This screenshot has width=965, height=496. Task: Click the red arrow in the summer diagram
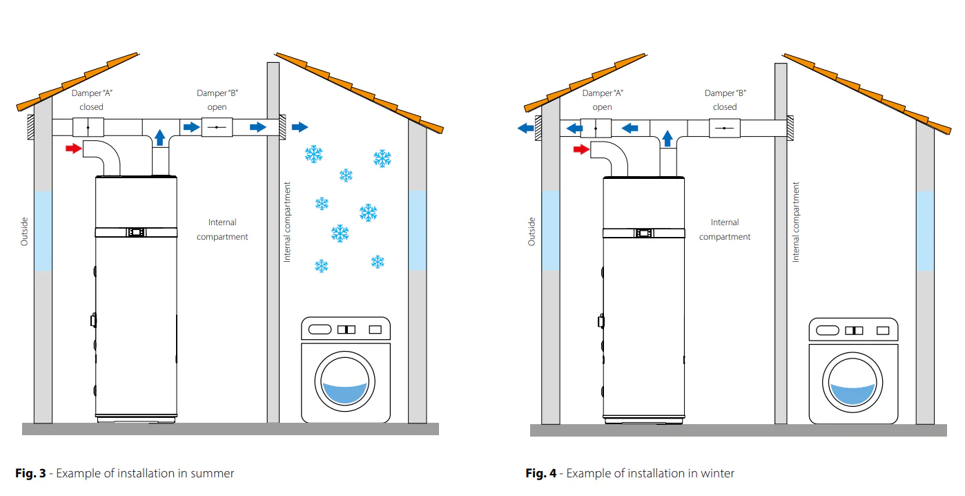pyautogui.click(x=74, y=149)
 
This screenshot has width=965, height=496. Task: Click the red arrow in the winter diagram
pyautogui.click(x=581, y=149)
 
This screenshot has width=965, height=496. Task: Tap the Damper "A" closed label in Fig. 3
pyautogui.click(x=91, y=99)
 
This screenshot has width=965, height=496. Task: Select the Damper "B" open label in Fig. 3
pyautogui.click(x=217, y=99)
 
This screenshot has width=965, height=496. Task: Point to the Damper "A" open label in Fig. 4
pyautogui.click(x=603, y=99)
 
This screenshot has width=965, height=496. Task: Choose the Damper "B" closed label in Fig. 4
pyautogui.click(x=725, y=99)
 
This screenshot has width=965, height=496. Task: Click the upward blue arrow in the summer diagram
pyautogui.click(x=160, y=137)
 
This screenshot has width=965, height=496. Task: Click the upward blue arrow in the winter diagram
pyautogui.click(x=667, y=138)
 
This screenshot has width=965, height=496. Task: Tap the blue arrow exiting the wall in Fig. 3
pyautogui.click(x=300, y=127)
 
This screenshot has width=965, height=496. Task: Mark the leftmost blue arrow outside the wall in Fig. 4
pyautogui.click(x=525, y=128)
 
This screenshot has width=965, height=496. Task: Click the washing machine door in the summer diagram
pyautogui.click(x=344, y=381)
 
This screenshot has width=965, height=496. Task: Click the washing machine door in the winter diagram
pyautogui.click(x=852, y=383)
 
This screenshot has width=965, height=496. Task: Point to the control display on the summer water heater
pyautogui.click(x=136, y=233)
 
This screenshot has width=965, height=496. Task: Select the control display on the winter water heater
pyautogui.click(x=643, y=233)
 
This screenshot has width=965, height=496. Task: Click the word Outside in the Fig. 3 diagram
pyautogui.click(x=24, y=231)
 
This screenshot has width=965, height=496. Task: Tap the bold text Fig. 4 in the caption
pyautogui.click(x=541, y=473)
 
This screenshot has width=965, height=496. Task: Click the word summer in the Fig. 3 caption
pyautogui.click(x=213, y=473)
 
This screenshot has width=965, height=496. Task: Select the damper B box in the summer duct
pyautogui.click(x=217, y=127)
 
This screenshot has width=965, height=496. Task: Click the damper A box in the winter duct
pyautogui.click(x=596, y=128)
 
